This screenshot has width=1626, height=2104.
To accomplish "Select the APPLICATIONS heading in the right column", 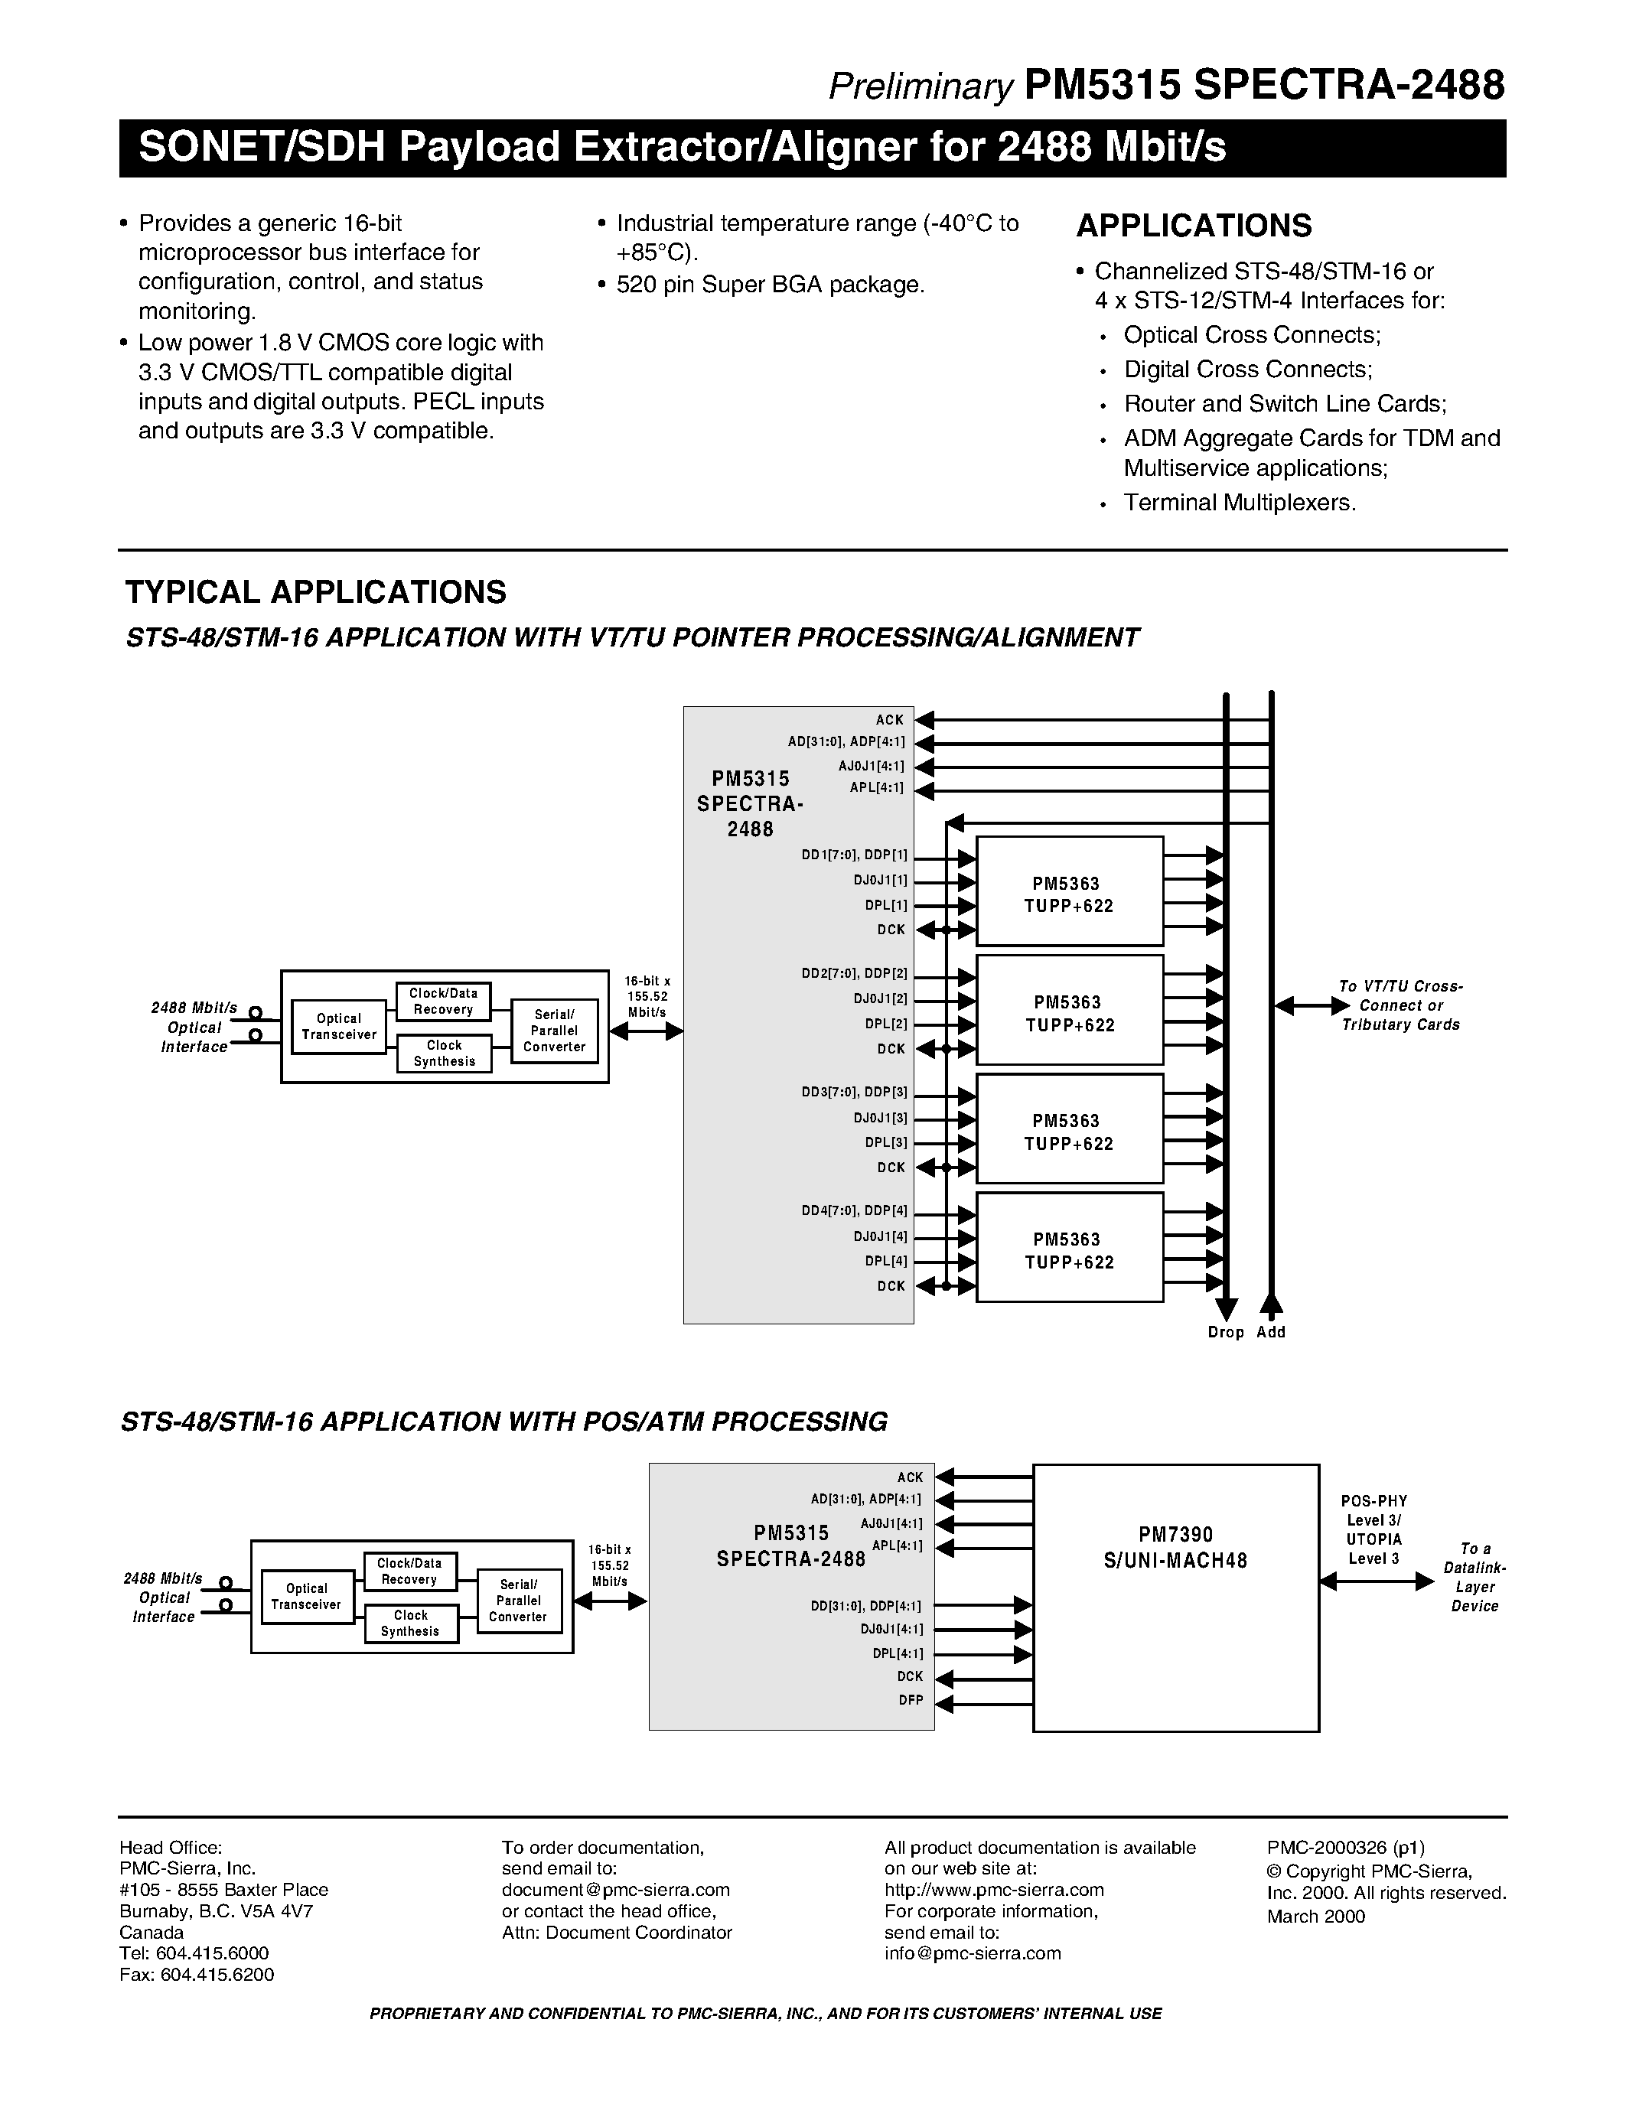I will pyautogui.click(x=1194, y=226).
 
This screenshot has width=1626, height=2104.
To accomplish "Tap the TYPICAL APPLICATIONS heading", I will pyautogui.click(x=315, y=591).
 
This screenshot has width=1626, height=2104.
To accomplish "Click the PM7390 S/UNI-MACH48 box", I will pyautogui.click(x=1175, y=1598).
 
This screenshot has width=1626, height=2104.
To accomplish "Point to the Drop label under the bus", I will pyautogui.click(x=1225, y=1332).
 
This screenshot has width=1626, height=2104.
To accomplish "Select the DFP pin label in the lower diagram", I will pyautogui.click(x=911, y=1700).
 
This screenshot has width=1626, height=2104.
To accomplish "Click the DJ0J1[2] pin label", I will pyautogui.click(x=879, y=999).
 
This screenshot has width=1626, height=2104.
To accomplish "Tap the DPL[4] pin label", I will pyautogui.click(x=885, y=1261).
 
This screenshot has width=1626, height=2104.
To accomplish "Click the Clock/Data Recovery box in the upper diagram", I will pyautogui.click(x=443, y=1001).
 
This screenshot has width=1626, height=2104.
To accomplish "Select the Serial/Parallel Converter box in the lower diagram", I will pyautogui.click(x=518, y=1600).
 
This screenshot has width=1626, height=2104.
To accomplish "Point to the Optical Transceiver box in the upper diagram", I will pyautogui.click(x=339, y=1026).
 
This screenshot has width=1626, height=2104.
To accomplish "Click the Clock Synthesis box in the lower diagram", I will pyautogui.click(x=410, y=1624).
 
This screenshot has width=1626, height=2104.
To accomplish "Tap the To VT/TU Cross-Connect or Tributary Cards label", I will pyautogui.click(x=1400, y=1006).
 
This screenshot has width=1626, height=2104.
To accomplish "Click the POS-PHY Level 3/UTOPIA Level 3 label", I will pyautogui.click(x=1373, y=1530).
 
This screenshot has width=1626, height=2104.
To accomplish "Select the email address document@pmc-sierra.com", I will pyautogui.click(x=615, y=1889).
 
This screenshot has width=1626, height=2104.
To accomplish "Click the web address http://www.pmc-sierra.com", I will pyautogui.click(x=994, y=1889).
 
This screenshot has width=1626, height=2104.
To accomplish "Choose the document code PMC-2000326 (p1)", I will pyautogui.click(x=1346, y=1847).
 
